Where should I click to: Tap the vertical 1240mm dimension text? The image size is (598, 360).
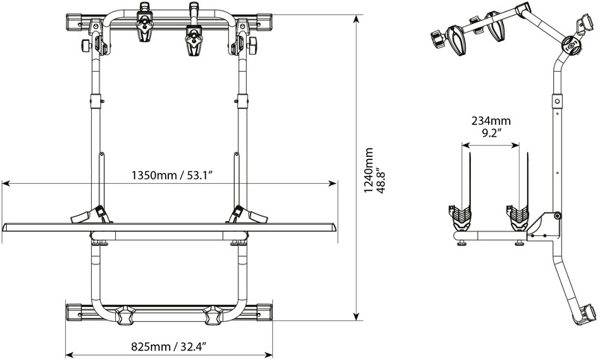[369, 170]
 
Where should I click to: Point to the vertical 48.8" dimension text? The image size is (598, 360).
[382, 170]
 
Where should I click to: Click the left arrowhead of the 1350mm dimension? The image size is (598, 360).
[4, 181]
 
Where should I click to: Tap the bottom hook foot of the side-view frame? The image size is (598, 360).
[585, 314]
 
